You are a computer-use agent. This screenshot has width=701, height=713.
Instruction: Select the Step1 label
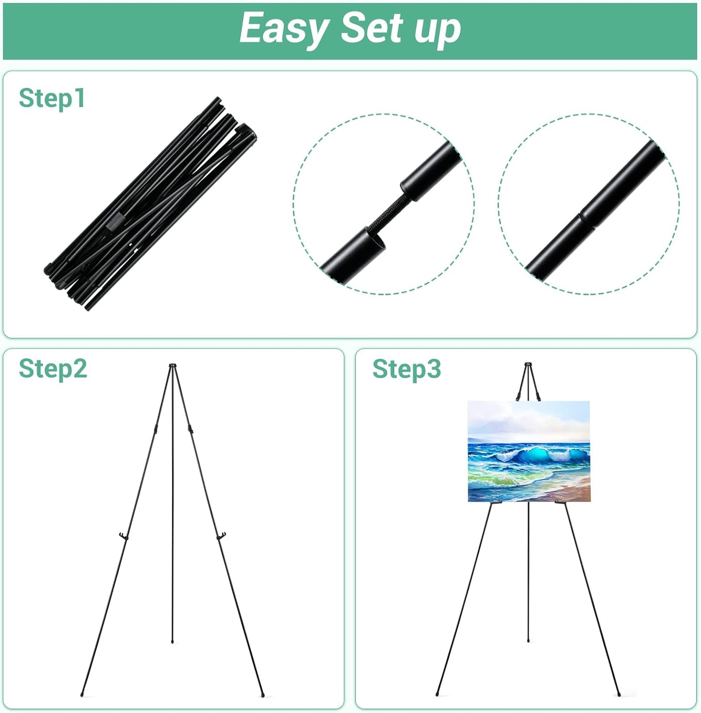point(52,98)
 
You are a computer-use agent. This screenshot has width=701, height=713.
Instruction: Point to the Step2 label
point(53,369)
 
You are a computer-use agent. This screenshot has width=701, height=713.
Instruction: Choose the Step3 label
point(407,369)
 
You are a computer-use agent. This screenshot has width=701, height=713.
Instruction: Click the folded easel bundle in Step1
point(150,204)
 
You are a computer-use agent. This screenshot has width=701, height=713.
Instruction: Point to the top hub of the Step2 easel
point(173,365)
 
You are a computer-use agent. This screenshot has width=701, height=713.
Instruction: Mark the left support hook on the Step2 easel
point(123,536)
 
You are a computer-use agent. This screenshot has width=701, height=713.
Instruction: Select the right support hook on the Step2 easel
point(222,536)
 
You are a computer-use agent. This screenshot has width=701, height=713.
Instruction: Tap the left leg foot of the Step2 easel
point(82,694)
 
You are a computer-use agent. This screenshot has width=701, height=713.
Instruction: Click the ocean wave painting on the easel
point(528,451)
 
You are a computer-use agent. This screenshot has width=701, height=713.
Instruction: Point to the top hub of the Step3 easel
point(528,364)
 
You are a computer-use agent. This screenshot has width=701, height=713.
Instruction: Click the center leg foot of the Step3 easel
point(528,641)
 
